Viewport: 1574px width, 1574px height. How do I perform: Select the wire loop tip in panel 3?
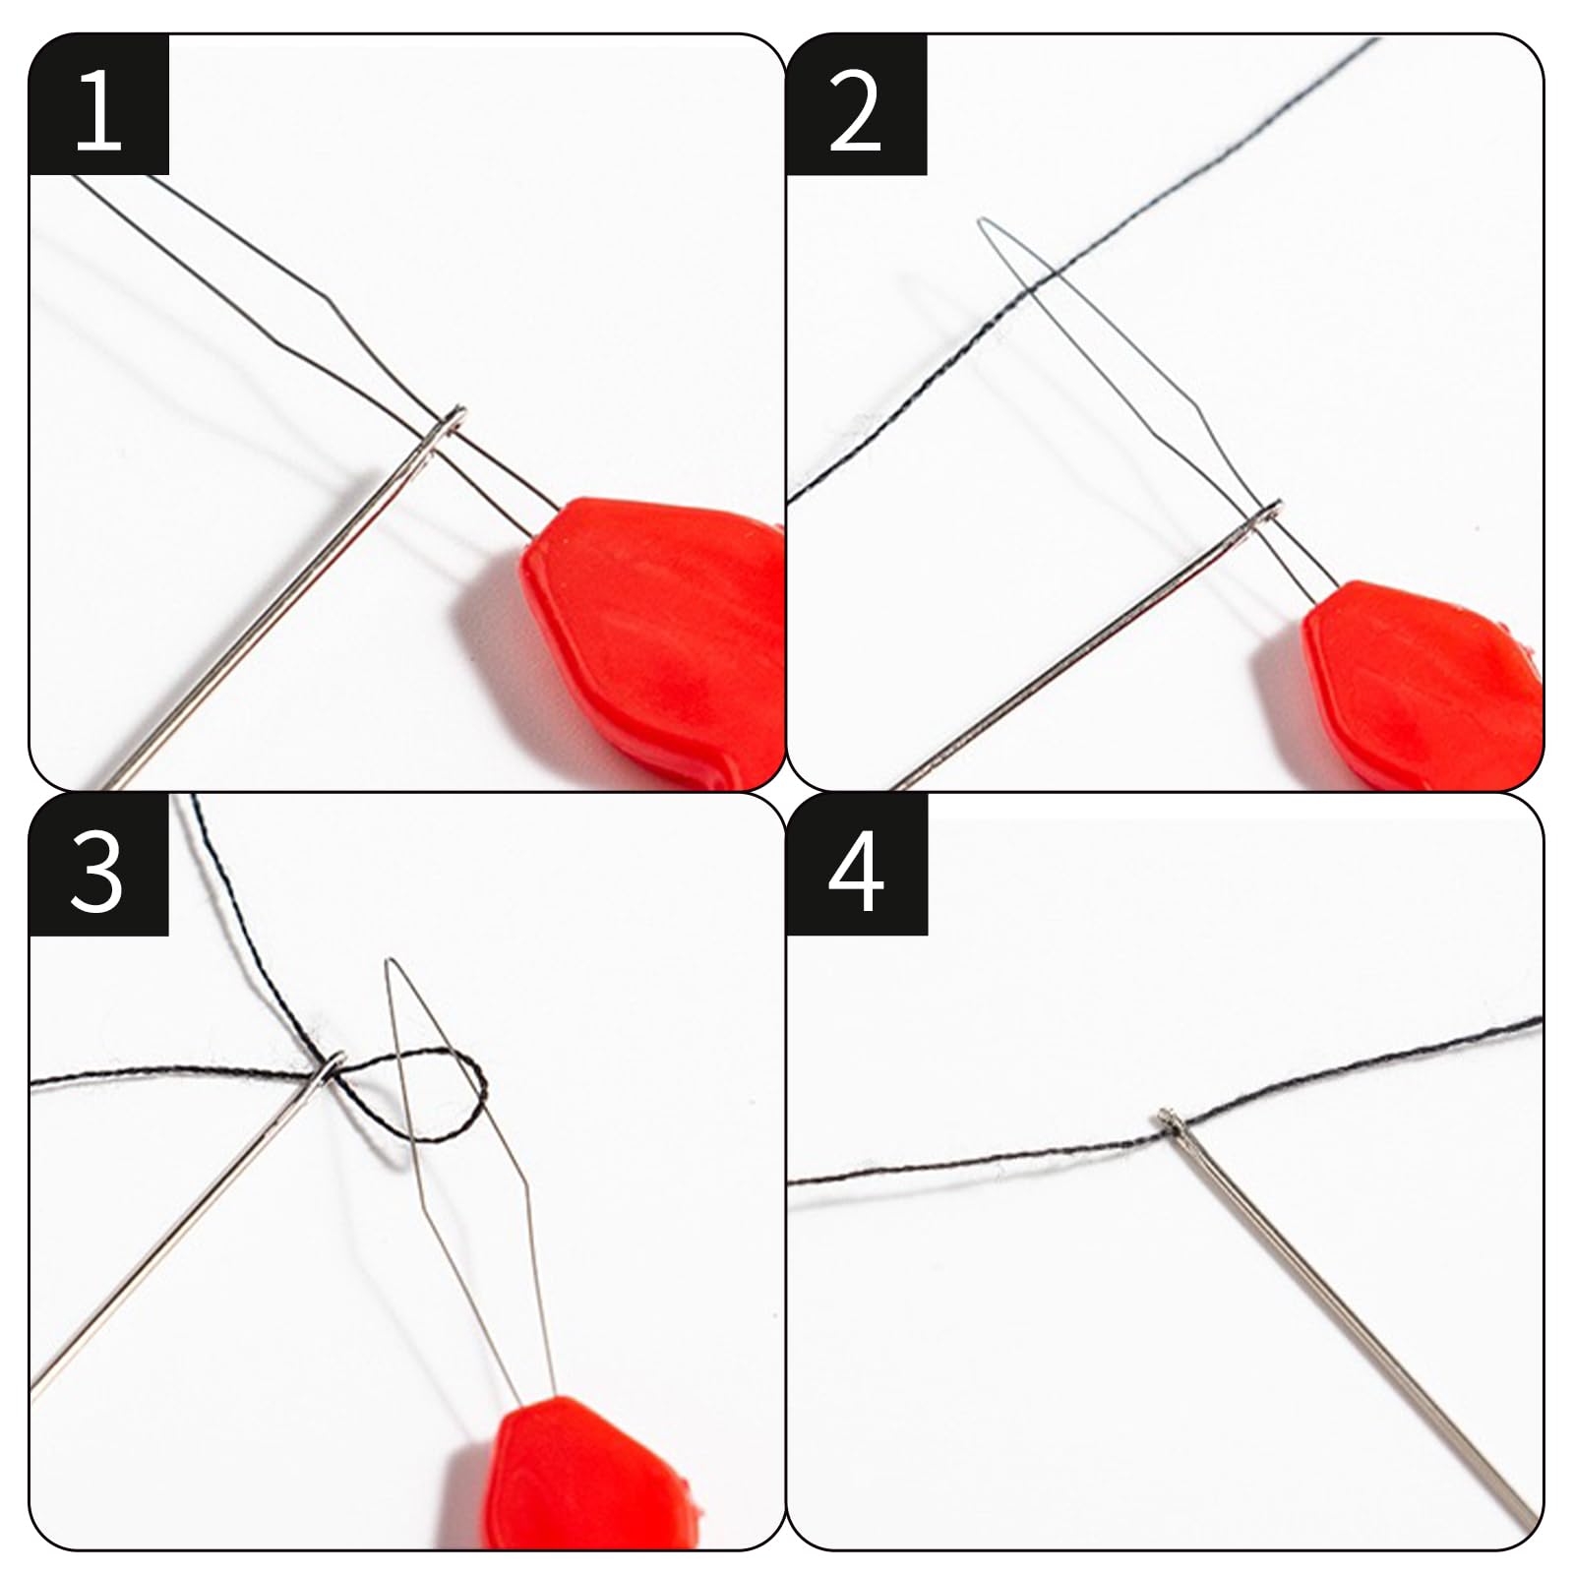point(392,962)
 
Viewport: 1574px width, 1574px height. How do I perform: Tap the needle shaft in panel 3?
point(177,1230)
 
